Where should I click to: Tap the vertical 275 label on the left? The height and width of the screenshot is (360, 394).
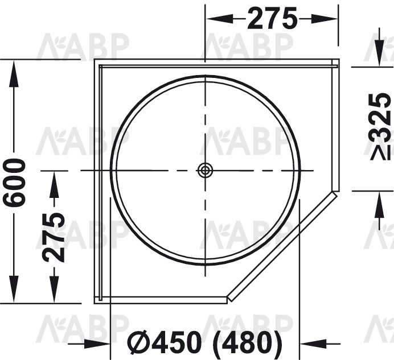tap(54, 237)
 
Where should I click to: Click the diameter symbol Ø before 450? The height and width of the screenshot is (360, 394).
tap(140, 342)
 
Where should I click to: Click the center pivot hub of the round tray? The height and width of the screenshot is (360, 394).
tap(206, 171)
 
